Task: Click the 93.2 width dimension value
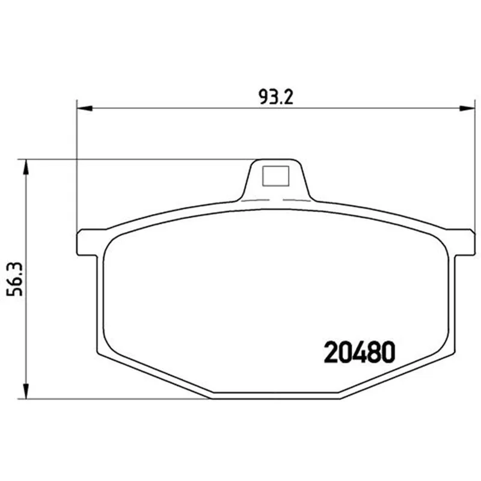click(276, 97)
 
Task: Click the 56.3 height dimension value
click(15, 279)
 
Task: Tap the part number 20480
click(360, 352)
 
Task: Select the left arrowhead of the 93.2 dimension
click(84, 108)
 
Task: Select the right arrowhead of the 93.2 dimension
click(467, 108)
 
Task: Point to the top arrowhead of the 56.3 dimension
click(26, 167)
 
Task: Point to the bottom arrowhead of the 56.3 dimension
click(26, 391)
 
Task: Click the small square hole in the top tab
click(276, 176)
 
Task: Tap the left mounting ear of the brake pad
click(89, 242)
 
